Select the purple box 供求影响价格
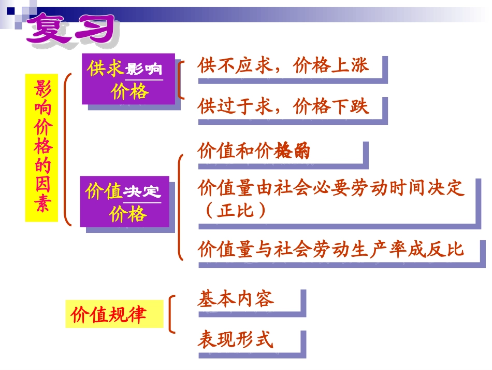click(128, 79)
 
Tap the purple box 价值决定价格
click(124, 201)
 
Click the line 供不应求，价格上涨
click(283, 66)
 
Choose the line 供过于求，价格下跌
click(283, 106)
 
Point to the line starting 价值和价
click(254, 151)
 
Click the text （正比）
click(233, 211)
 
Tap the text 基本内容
click(236, 299)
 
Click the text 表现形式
click(236, 340)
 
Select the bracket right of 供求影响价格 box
click(180, 79)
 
